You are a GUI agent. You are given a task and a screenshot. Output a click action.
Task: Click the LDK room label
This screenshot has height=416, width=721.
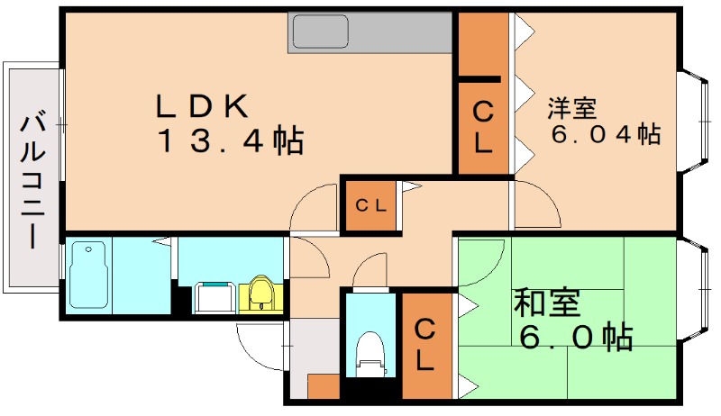[x=202, y=106]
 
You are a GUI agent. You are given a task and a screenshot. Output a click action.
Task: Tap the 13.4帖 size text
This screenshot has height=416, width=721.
[x=230, y=141]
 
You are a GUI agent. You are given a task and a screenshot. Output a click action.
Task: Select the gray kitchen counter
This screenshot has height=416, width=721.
[x=370, y=32]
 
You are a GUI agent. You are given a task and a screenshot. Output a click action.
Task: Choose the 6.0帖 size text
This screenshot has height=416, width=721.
[x=574, y=337]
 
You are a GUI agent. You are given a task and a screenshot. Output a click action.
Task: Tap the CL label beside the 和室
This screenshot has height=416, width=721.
[x=424, y=345]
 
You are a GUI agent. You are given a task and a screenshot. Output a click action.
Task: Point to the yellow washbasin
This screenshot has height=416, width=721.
[x=260, y=294]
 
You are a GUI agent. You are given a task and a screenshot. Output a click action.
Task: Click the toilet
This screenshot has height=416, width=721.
[x=370, y=354]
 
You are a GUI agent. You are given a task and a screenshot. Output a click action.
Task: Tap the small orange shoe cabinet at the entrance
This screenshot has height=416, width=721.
[x=323, y=387]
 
